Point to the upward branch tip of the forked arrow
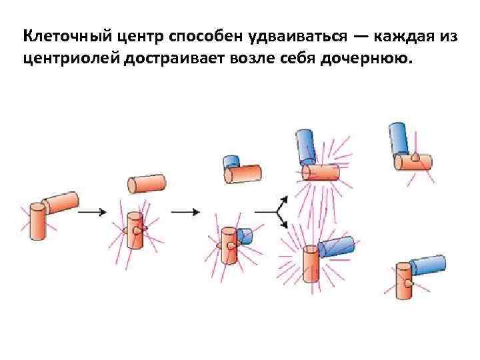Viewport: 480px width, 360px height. [285, 199]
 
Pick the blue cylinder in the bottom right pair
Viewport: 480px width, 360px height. [427, 266]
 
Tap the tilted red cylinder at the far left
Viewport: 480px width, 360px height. [61, 201]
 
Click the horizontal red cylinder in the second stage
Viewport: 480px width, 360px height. [147, 183]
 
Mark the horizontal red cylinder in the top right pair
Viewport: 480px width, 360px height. [414, 161]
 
